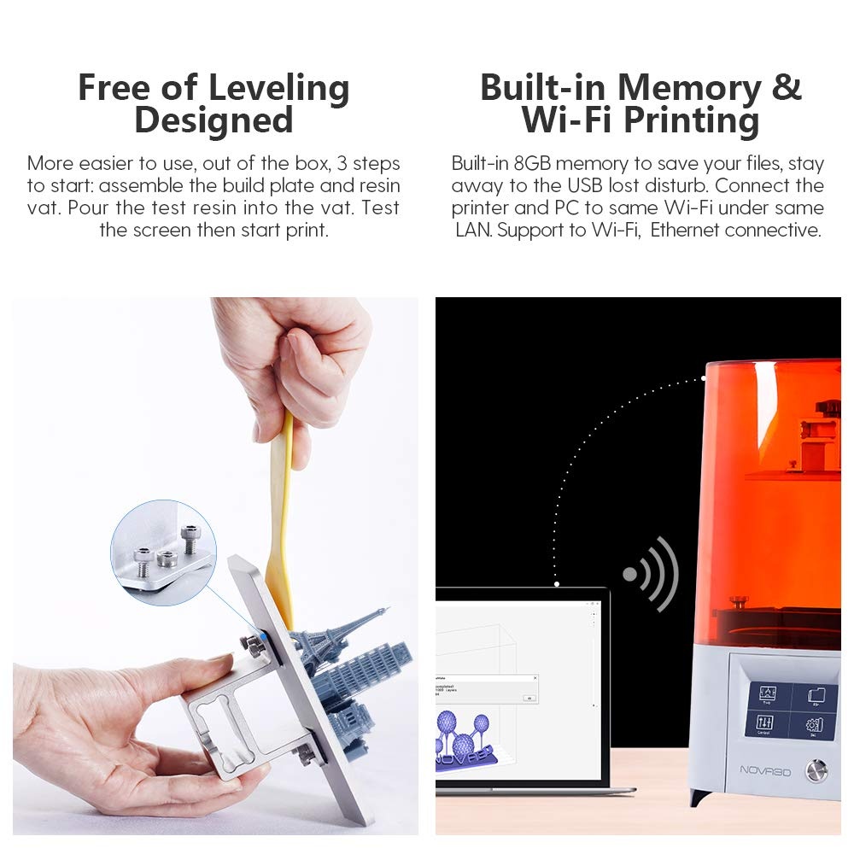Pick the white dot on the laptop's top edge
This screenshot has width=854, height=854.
tap(556, 585)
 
